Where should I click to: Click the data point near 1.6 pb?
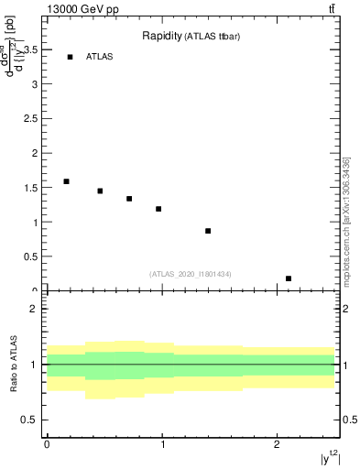pos(66,181)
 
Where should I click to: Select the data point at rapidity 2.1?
pos(289,278)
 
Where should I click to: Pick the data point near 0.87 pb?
pos(208,231)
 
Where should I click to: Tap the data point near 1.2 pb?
pos(158,209)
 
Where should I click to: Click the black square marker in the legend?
pos(70,57)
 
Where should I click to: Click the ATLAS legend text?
pos(100,57)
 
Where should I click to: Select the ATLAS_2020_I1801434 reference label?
pos(191,274)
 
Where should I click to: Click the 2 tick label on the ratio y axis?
pos(34,309)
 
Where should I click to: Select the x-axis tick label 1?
pos(162,444)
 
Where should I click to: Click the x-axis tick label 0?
pos(47,444)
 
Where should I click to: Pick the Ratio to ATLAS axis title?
pos(14,364)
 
